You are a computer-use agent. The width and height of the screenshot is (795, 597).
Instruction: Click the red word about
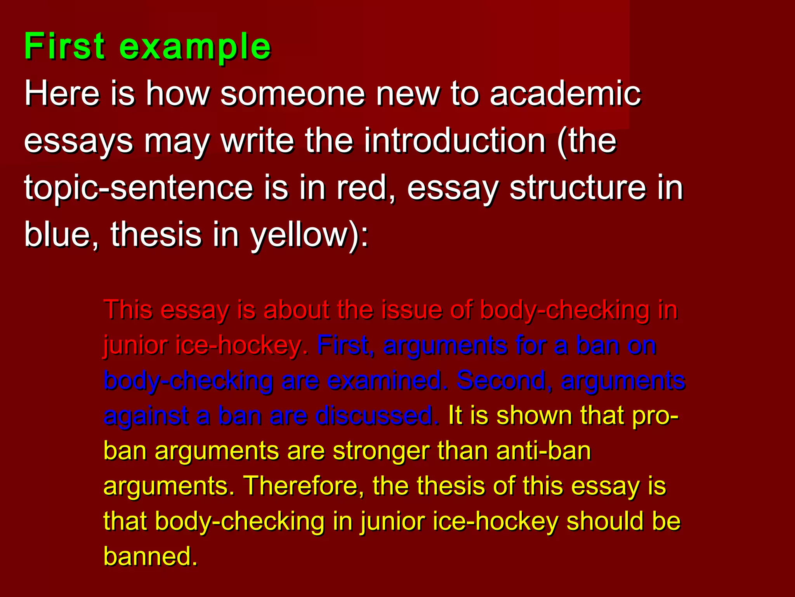coord(295,310)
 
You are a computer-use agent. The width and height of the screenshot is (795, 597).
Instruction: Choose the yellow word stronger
coord(380,451)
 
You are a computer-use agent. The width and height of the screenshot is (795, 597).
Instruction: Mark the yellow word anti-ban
coord(543,451)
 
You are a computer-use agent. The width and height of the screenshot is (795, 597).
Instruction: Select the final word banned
coord(151,556)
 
